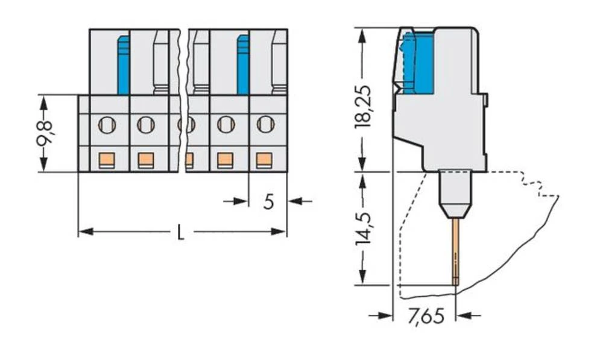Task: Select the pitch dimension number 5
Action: (268, 201)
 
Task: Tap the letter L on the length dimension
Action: (180, 233)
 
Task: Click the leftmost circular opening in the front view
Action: (106, 125)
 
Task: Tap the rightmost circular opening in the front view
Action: (265, 125)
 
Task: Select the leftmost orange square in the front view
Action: (106, 160)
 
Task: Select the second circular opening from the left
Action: (145, 125)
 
